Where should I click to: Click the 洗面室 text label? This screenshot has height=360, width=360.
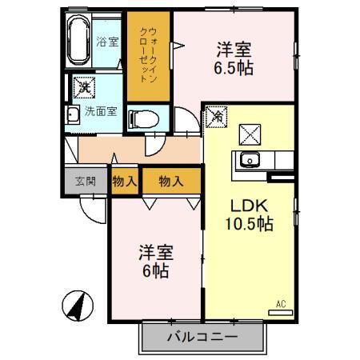click(x=101, y=112)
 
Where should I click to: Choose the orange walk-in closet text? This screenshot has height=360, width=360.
click(x=148, y=52)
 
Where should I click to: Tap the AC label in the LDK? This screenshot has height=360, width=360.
click(x=281, y=303)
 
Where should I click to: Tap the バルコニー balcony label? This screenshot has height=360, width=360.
click(x=202, y=338)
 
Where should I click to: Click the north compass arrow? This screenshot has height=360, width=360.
click(x=78, y=306)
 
